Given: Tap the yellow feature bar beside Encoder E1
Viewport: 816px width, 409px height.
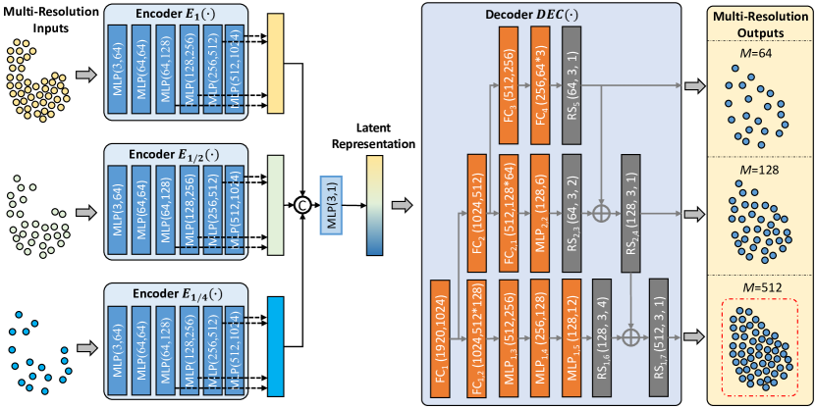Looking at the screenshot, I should pyautogui.click(x=274, y=66).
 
